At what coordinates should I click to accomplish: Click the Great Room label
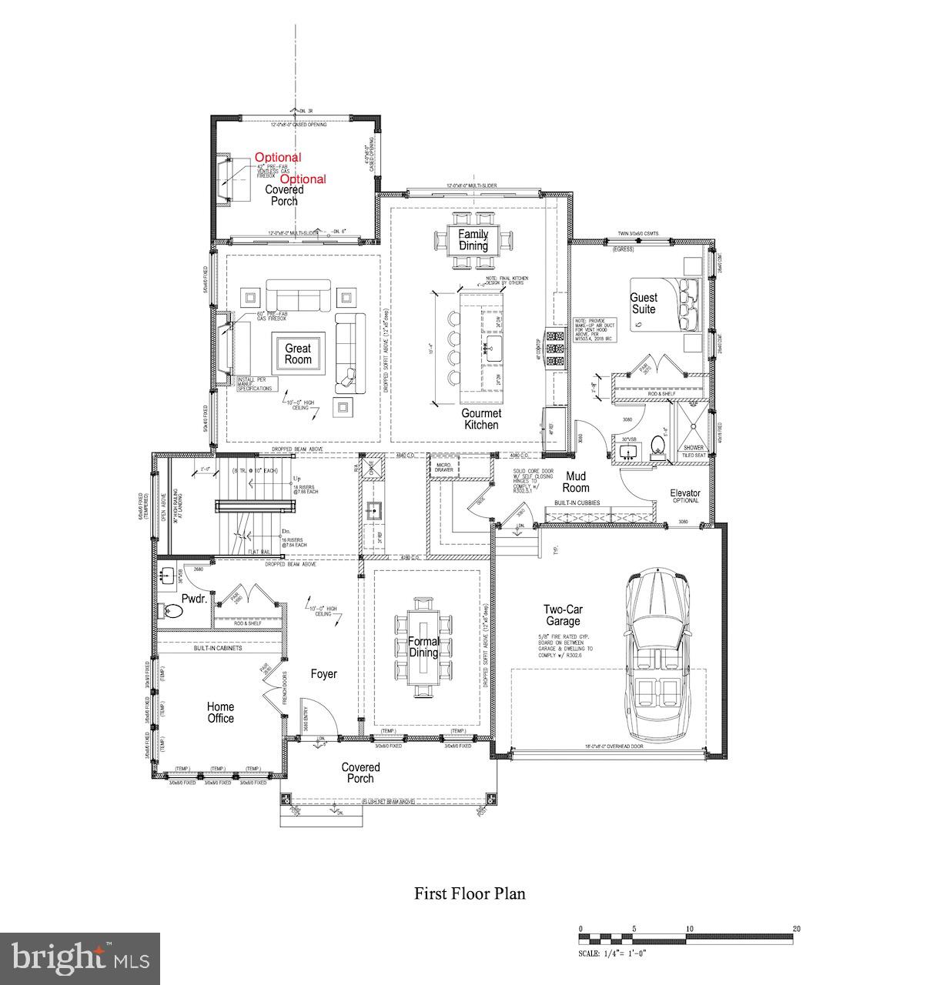point(298,354)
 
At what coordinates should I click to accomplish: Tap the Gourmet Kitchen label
point(481,419)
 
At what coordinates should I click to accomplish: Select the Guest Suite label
point(644,303)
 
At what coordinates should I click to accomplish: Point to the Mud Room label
point(576,482)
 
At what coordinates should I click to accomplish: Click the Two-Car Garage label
point(563,616)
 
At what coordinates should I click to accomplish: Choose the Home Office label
point(220,713)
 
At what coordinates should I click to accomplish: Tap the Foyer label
point(324,674)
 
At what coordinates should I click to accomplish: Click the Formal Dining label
point(423,647)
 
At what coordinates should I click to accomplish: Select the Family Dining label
point(473,240)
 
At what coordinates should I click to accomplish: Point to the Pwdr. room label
point(192,599)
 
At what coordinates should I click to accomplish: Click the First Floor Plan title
point(470,893)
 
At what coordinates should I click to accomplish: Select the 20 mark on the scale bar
point(795,928)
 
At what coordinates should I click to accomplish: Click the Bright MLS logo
point(80,958)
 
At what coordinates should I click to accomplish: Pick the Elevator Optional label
point(685,496)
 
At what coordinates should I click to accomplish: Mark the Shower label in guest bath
point(694,447)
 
